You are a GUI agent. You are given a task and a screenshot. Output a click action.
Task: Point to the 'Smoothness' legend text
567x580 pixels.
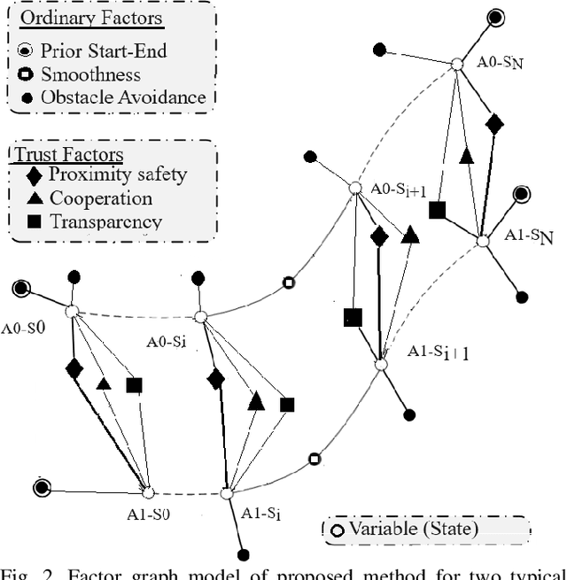pyautogui.click(x=90, y=75)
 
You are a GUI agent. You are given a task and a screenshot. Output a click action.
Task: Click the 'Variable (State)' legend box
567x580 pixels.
pyautogui.click(x=425, y=530)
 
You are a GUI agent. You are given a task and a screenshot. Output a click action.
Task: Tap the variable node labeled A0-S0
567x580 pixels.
pyautogui.click(x=72, y=311)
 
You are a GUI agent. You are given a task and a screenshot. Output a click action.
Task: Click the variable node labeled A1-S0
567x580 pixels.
pyautogui.click(x=148, y=492)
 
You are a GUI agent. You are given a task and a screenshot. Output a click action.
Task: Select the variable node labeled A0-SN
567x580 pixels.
pyautogui.click(x=457, y=64)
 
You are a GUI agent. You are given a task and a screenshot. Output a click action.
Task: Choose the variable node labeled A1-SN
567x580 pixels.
pyautogui.click(x=482, y=241)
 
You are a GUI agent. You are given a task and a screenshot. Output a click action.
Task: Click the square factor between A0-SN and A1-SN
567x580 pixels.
pyautogui.click(x=437, y=210)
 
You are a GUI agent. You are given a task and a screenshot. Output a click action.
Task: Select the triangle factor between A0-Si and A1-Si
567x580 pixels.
pyautogui.click(x=256, y=401)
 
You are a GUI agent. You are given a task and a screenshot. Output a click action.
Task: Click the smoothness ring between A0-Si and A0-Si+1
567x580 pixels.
pyautogui.click(x=288, y=283)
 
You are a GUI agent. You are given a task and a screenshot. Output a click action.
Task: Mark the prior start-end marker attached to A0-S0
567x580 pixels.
pyautogui.click(x=20, y=288)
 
